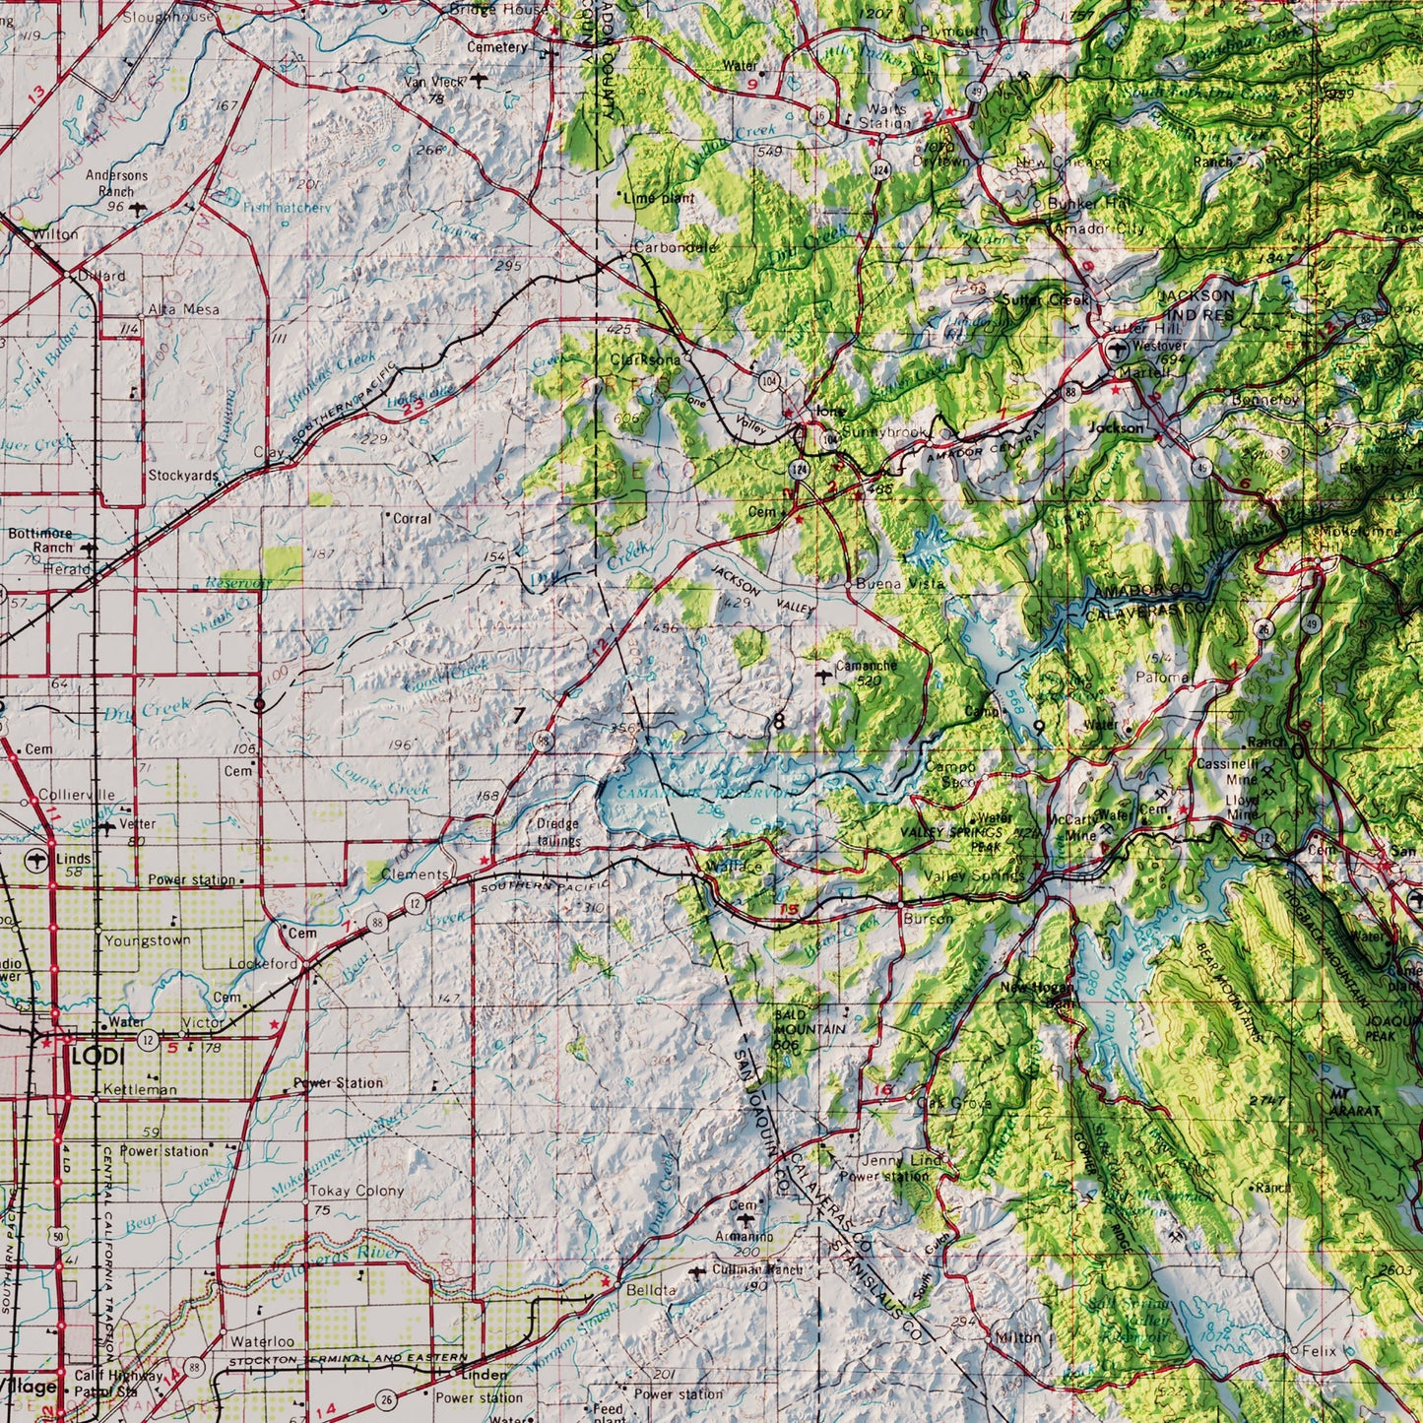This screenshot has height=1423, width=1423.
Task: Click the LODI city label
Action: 97,1056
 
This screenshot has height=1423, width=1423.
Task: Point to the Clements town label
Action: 414,874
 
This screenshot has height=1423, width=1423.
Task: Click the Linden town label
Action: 485,1375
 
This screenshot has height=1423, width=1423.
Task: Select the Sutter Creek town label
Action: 1046,299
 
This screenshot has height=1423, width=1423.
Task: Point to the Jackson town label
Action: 1117,428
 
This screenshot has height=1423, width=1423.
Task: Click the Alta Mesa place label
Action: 184,308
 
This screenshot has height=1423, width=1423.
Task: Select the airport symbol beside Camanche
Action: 823,675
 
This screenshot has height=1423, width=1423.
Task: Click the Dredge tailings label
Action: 558,832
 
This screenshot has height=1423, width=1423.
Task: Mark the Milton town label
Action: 1017,1338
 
